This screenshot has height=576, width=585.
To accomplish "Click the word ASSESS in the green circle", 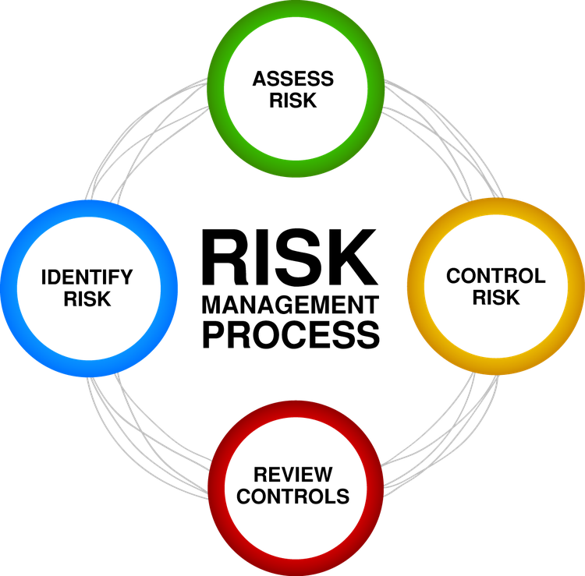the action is coord(292,79).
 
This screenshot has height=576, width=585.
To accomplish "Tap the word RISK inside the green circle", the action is coord(292,101).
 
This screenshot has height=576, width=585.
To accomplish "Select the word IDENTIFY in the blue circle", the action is coord(87,277).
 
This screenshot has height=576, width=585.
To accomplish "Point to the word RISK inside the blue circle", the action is coord(87,299).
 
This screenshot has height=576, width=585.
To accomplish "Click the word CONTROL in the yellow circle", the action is coord(496,276).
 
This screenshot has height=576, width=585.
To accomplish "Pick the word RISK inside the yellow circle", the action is coord(496,297).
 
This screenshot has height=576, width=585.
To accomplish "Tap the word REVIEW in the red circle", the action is coord(292,475).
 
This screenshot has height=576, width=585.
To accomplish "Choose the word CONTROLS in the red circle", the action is coord(292,496).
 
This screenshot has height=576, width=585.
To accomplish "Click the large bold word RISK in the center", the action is coord(290,257).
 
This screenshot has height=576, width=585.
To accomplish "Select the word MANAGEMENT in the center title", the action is coord(290,305).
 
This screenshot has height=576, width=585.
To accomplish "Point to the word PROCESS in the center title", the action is coord(291,334).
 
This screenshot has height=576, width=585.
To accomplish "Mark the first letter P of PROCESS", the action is coord(214,334).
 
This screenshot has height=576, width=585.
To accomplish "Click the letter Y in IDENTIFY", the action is coord(126,277).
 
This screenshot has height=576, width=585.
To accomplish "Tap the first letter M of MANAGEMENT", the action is coord(212,305).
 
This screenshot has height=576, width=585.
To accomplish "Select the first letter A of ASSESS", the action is coord(260,79).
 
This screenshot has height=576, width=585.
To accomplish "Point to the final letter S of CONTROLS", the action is coord(342,496).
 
